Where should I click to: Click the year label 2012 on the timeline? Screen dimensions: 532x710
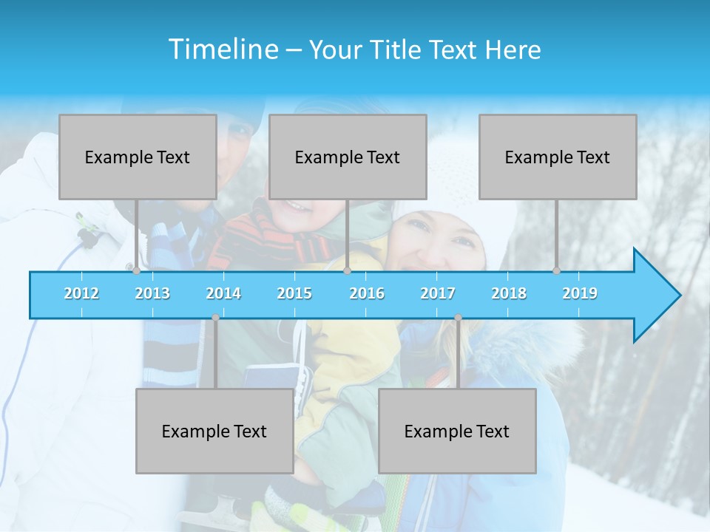pos(81,293)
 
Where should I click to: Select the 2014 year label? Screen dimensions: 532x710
pos(223,293)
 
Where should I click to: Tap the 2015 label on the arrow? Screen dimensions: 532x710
pos(294,293)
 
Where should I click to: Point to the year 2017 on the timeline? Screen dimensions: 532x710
pos(438,293)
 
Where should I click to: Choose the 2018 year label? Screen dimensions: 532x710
pos(509,293)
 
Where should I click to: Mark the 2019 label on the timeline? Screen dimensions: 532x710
pos(580,293)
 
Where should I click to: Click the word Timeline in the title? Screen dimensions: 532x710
pos(223,50)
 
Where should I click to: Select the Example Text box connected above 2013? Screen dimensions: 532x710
pos(138,157)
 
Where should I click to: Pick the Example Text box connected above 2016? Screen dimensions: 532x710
pos(348,157)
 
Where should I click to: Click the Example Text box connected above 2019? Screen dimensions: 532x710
pos(558,157)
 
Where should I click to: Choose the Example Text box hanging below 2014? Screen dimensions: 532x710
pos(214,431)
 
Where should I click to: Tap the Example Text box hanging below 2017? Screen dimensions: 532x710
pos(457,431)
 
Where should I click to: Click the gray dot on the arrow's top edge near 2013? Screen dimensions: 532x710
pos(136,271)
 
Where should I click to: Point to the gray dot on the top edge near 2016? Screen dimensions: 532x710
pos(347,271)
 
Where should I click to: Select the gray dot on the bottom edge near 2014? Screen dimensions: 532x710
pos(215,318)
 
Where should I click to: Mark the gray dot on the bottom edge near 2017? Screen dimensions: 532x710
pos(458,318)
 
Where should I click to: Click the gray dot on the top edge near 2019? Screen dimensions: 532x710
pos(557,271)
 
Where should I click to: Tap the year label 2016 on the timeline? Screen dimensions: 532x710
pos(367,293)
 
